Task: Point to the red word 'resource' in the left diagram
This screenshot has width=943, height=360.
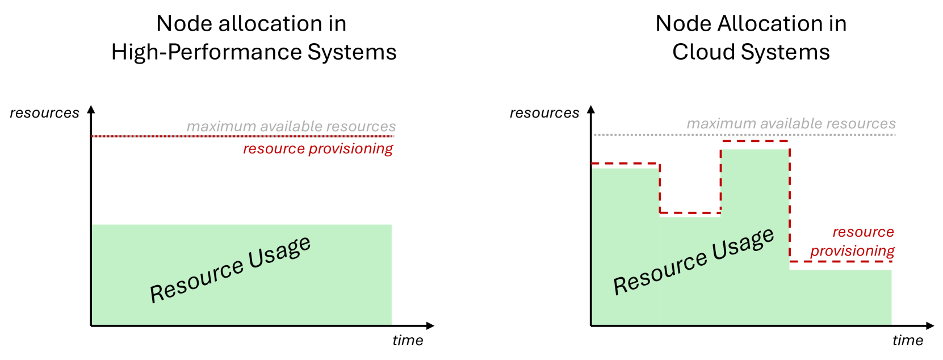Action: coord(274,149)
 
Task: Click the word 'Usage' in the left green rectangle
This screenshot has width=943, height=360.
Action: coord(280,252)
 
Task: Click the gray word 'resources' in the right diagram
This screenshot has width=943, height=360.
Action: coord(861,124)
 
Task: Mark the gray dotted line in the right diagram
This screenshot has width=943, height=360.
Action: coord(653,135)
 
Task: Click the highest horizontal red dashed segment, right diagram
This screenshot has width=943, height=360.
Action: coord(755,141)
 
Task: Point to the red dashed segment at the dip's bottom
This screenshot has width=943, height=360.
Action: coord(690,213)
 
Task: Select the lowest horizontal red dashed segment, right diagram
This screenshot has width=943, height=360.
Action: coord(841,262)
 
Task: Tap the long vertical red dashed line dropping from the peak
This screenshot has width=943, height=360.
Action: coord(790,204)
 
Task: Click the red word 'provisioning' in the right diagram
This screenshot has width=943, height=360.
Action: coord(852,251)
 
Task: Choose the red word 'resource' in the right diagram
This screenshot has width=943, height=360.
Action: coord(863,232)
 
